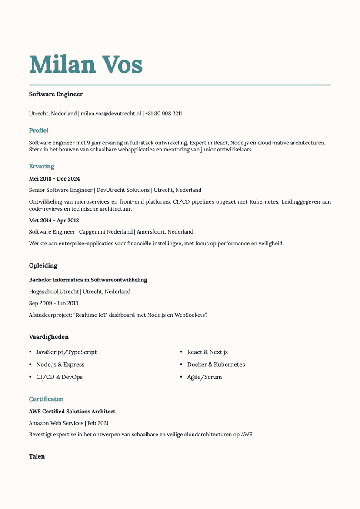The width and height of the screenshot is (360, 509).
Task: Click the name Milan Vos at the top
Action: coord(86,64)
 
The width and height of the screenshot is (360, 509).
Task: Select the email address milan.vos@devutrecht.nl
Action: coord(111,114)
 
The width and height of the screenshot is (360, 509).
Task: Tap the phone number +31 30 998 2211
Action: coord(163,114)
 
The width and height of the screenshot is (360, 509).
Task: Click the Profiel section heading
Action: coord(39,130)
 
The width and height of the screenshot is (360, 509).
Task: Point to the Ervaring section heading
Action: coord(42,166)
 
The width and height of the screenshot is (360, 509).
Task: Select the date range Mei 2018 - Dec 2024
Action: coord(54,179)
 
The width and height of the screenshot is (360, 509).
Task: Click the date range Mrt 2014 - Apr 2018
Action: coord(54,221)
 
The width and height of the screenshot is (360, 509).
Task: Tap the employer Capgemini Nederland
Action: coord(106,232)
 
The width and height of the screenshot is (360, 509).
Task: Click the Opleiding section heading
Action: coord(43,265)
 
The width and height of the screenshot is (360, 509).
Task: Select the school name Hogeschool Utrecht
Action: coord(54,291)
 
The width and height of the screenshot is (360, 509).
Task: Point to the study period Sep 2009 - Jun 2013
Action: coord(53,303)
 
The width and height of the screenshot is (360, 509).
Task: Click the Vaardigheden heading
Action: coord(49,337)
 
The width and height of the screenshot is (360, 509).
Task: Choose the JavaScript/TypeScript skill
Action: coord(67,352)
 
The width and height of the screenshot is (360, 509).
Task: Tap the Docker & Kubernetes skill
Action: coord(216,365)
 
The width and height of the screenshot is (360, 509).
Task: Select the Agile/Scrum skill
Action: coord(204,377)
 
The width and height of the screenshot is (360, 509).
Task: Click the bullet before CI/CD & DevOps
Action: coord(30,377)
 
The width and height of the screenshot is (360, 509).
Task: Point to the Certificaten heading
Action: coord(47,399)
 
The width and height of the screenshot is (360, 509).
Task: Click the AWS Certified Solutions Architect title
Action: coord(72,412)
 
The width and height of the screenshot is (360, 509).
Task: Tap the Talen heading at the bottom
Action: coord(37,456)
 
